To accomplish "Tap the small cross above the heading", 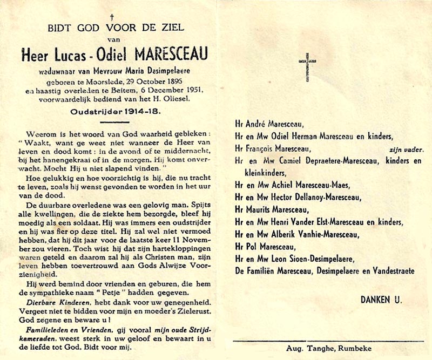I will click(111, 17).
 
